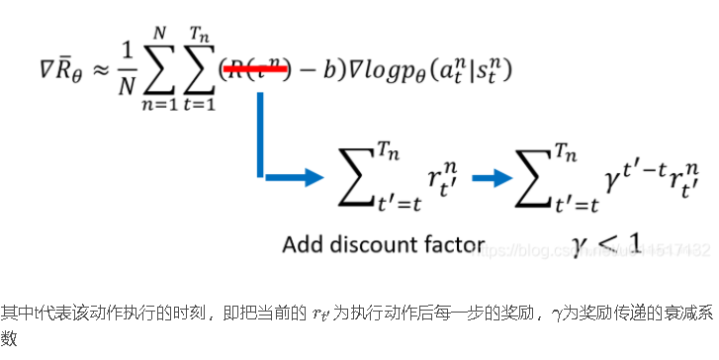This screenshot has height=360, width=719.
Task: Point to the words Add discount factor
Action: pos(383,243)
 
